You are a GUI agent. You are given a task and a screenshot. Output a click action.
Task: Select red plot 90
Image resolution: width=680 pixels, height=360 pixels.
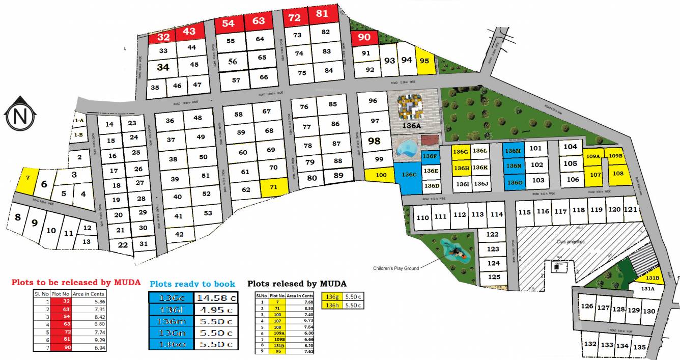[x=364, y=37]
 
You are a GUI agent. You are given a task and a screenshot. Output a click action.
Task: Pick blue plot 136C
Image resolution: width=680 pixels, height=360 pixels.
[x=408, y=176]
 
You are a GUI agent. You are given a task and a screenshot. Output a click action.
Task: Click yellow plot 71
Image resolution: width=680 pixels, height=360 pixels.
[x=274, y=187]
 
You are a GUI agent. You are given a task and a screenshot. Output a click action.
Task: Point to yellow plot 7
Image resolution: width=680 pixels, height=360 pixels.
[x=27, y=178]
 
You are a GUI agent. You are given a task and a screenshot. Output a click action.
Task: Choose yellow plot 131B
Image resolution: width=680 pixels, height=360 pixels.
[x=653, y=278]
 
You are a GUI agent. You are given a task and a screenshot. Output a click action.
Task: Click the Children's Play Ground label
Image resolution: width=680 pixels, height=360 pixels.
[x=396, y=268]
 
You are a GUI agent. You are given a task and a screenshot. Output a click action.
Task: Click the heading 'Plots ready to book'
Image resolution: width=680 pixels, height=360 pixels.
[x=192, y=284]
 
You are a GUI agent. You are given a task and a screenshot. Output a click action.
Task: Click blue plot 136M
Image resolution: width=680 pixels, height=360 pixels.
[x=513, y=150]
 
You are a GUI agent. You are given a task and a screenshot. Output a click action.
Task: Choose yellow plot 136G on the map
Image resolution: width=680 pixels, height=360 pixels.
[x=461, y=152]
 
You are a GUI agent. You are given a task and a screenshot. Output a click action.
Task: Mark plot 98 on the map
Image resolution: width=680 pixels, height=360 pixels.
[x=374, y=141]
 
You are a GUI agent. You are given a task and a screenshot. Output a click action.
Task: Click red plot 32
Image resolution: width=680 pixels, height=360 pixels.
[x=163, y=37]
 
